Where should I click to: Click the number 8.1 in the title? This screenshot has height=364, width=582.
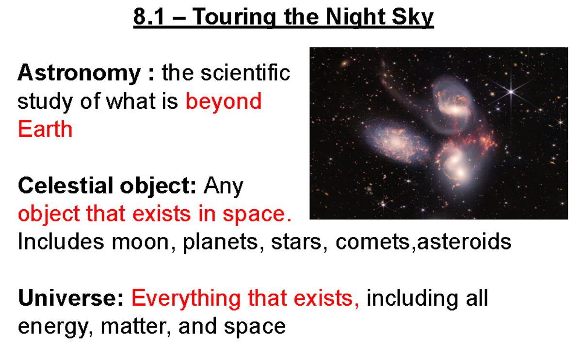(147, 18)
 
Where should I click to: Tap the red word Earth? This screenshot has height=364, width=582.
(45, 130)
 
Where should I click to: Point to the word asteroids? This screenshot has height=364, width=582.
(464, 241)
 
